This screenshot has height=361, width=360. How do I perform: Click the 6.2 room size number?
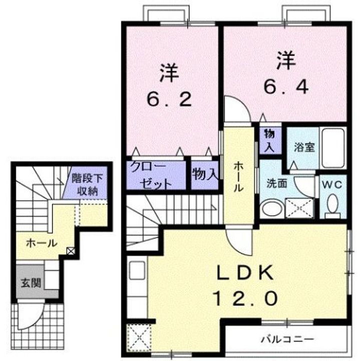click(170, 100)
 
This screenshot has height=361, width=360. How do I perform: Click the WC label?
click(332, 185)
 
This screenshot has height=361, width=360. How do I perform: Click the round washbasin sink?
click(272, 208)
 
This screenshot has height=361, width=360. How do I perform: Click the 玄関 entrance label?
click(31, 282)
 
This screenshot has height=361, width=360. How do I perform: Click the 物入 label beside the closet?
click(205, 174)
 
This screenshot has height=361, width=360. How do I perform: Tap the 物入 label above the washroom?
click(269, 140)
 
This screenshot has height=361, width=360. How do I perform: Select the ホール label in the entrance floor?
click(40, 243)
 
